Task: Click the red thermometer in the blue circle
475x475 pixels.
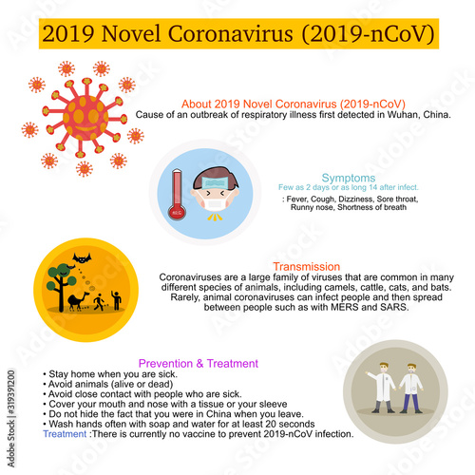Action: point(178,194)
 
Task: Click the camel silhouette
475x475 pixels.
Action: point(78,300)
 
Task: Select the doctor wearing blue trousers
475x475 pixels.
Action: point(411,391)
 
